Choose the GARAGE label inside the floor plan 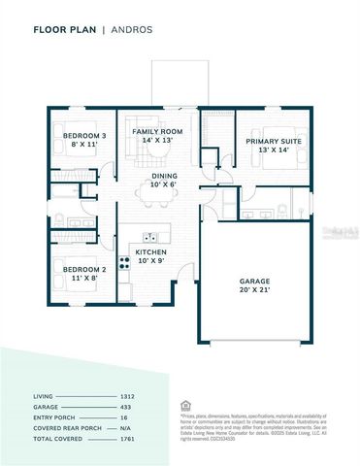tap(255, 282)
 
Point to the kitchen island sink tap(150, 236)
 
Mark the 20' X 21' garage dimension tap(255, 290)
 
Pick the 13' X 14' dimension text tap(273, 150)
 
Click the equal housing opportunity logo tap(185, 406)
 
